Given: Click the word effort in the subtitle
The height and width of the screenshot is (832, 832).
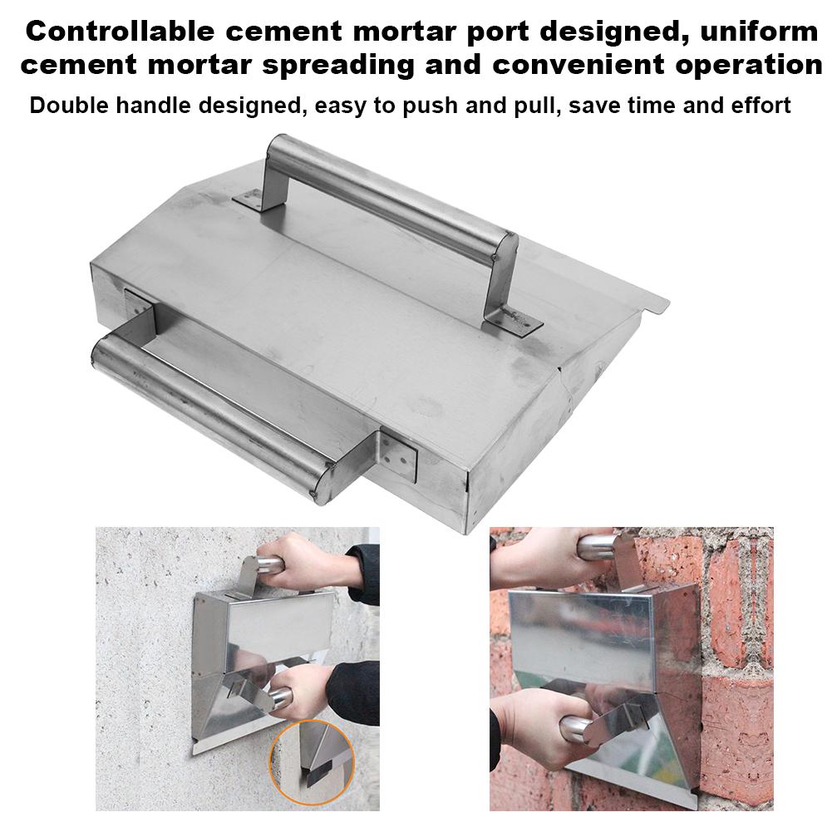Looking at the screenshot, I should coord(756,106).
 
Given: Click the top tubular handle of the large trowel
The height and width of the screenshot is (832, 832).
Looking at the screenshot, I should coord(391,195).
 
